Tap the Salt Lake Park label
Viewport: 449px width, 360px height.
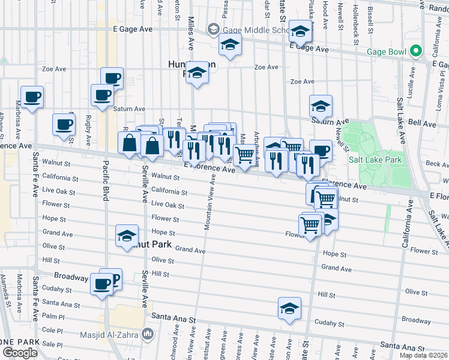click(x=376, y=160)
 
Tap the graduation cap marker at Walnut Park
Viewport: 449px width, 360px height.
click(x=127, y=235)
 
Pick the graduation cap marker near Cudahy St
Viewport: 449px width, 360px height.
click(x=289, y=308)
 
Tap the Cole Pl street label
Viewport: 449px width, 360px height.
click(x=53, y=331)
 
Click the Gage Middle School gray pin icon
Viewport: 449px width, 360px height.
click(x=213, y=29)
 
